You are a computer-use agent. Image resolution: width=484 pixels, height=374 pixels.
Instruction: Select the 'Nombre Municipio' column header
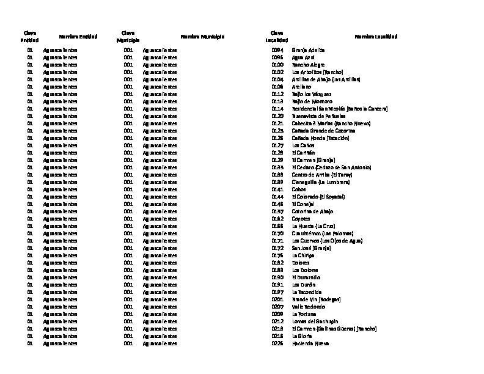click(202, 37)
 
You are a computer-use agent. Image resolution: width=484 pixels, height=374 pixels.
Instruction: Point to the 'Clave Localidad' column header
click(276, 37)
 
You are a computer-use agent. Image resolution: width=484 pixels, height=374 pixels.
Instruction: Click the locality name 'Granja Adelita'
click(309, 50)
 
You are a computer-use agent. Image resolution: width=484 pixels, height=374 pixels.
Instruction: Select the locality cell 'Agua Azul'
click(303, 57)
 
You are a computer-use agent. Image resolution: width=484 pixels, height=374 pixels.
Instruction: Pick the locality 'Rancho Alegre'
click(308, 65)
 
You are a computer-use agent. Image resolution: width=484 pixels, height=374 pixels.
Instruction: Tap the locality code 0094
click(277, 50)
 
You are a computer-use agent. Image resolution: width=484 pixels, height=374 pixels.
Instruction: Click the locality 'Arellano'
click(302, 87)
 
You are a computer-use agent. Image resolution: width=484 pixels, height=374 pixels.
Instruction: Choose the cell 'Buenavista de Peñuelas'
click(319, 116)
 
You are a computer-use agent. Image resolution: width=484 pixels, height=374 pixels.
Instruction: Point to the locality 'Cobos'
click(299, 189)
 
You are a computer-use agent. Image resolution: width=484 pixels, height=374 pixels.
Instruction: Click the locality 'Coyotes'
click(301, 219)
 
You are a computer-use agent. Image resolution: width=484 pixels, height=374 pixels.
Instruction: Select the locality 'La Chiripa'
click(303, 255)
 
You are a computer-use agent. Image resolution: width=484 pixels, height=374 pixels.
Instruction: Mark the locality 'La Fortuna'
click(304, 314)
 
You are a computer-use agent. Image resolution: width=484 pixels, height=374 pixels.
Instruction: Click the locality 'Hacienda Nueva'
click(310, 343)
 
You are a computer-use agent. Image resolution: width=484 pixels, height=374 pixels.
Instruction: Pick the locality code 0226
click(277, 343)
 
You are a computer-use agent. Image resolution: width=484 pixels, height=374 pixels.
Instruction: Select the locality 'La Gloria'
click(302, 336)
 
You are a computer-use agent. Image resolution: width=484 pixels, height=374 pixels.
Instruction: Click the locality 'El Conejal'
click(303, 204)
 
